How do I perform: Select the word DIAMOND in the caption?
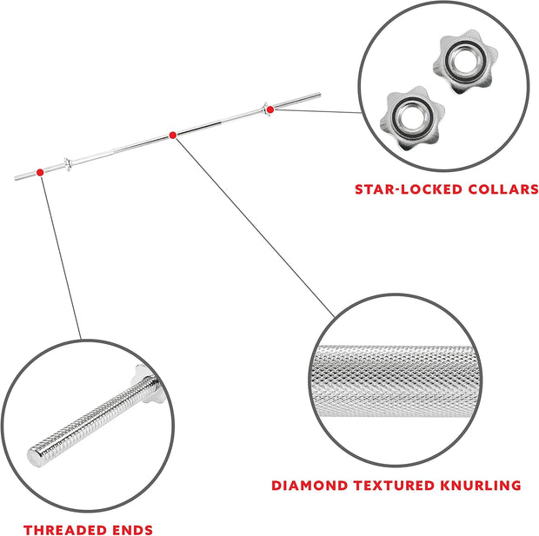(x=309, y=486)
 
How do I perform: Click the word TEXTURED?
(x=395, y=486)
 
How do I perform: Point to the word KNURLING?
(x=481, y=486)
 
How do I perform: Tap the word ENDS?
(x=129, y=530)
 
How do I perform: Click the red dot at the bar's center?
(x=173, y=136)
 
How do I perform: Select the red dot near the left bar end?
(x=40, y=173)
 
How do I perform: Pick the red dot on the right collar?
(x=270, y=109)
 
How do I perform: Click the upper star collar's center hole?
(x=465, y=62)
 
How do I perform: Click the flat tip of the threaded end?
(x=34, y=459)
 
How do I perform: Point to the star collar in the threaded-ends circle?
(x=145, y=383)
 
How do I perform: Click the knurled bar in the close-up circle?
(x=396, y=381)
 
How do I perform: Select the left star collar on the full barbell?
(x=68, y=164)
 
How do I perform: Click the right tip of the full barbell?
(x=320, y=95)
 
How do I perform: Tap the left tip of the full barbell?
(x=16, y=178)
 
